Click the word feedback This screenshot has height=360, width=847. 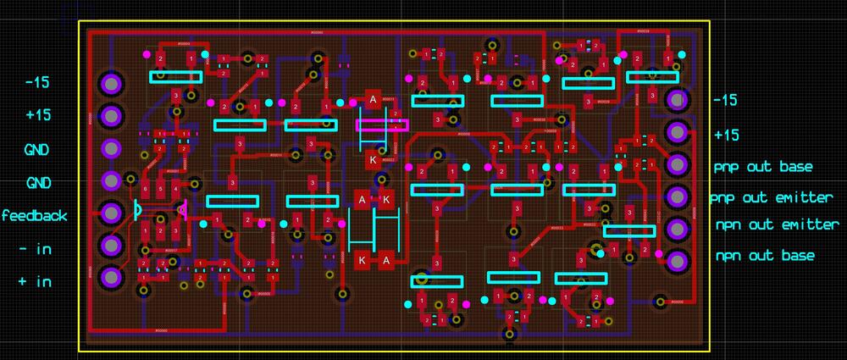(x=34, y=216)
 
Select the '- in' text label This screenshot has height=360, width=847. (x=36, y=249)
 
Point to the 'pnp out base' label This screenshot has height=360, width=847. (x=763, y=167)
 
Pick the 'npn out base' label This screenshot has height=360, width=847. (x=765, y=256)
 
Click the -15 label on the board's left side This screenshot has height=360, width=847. (x=37, y=83)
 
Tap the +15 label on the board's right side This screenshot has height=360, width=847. (x=726, y=135)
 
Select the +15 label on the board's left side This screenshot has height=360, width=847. (x=37, y=116)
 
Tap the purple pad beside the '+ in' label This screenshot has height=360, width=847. (x=110, y=276)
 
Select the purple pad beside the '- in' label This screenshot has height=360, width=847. (x=110, y=245)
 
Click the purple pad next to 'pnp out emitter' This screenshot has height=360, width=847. (x=676, y=197)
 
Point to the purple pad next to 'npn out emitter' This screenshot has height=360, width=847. (x=676, y=229)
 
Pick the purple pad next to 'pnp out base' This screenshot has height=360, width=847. (x=676, y=164)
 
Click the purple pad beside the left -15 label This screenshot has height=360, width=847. (x=110, y=83)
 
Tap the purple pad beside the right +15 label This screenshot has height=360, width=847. (x=676, y=132)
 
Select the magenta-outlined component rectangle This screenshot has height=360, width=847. (x=382, y=124)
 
